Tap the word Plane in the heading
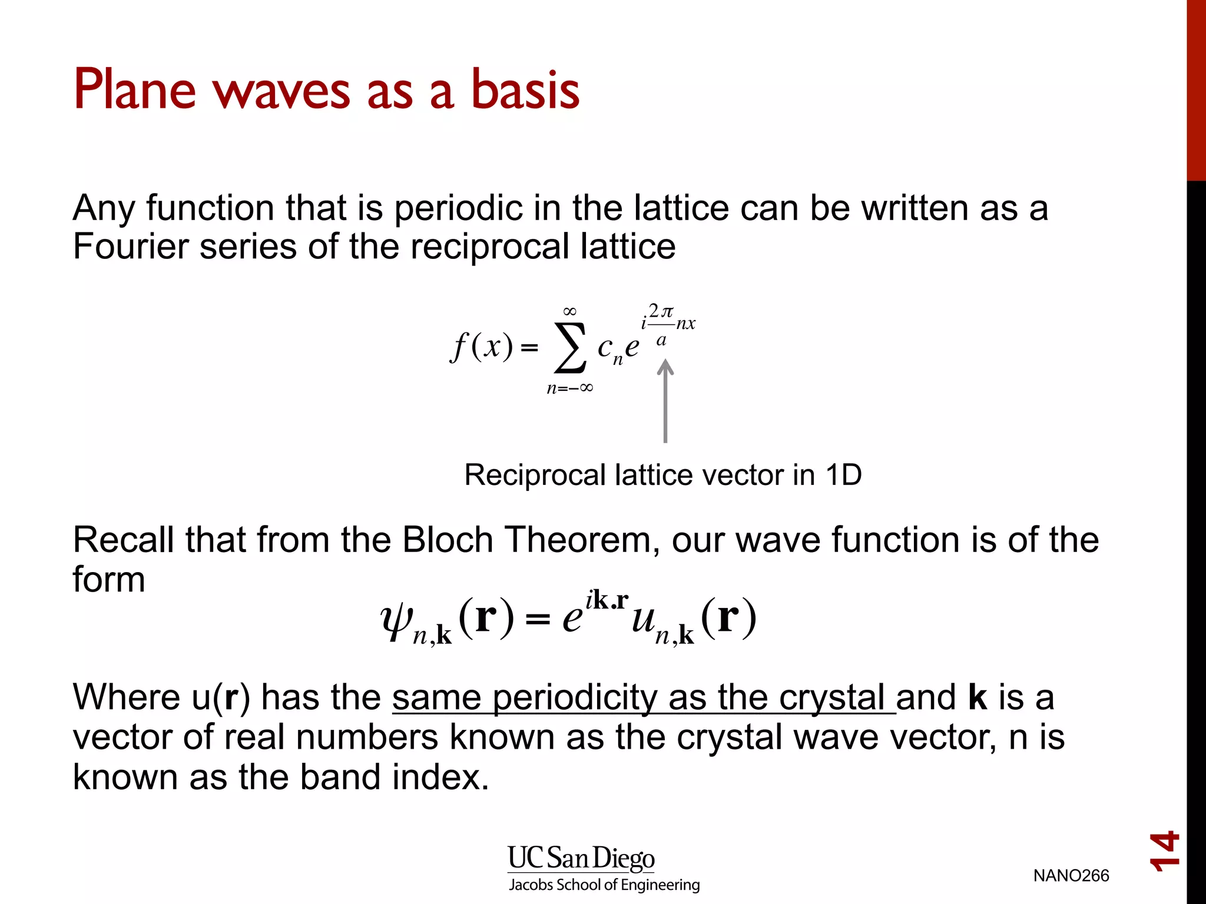pos(134,89)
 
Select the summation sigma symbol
pos(570,347)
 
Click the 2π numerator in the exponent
pos(661,311)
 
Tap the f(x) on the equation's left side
pos(482,347)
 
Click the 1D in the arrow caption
pos(843,475)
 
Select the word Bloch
pos(448,540)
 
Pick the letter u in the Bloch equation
pos(644,619)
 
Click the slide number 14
pos(1165,851)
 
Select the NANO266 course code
pos(1071,876)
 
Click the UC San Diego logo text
pos(581,859)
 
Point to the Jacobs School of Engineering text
pos(604,885)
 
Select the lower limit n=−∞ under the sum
pos(569,388)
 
